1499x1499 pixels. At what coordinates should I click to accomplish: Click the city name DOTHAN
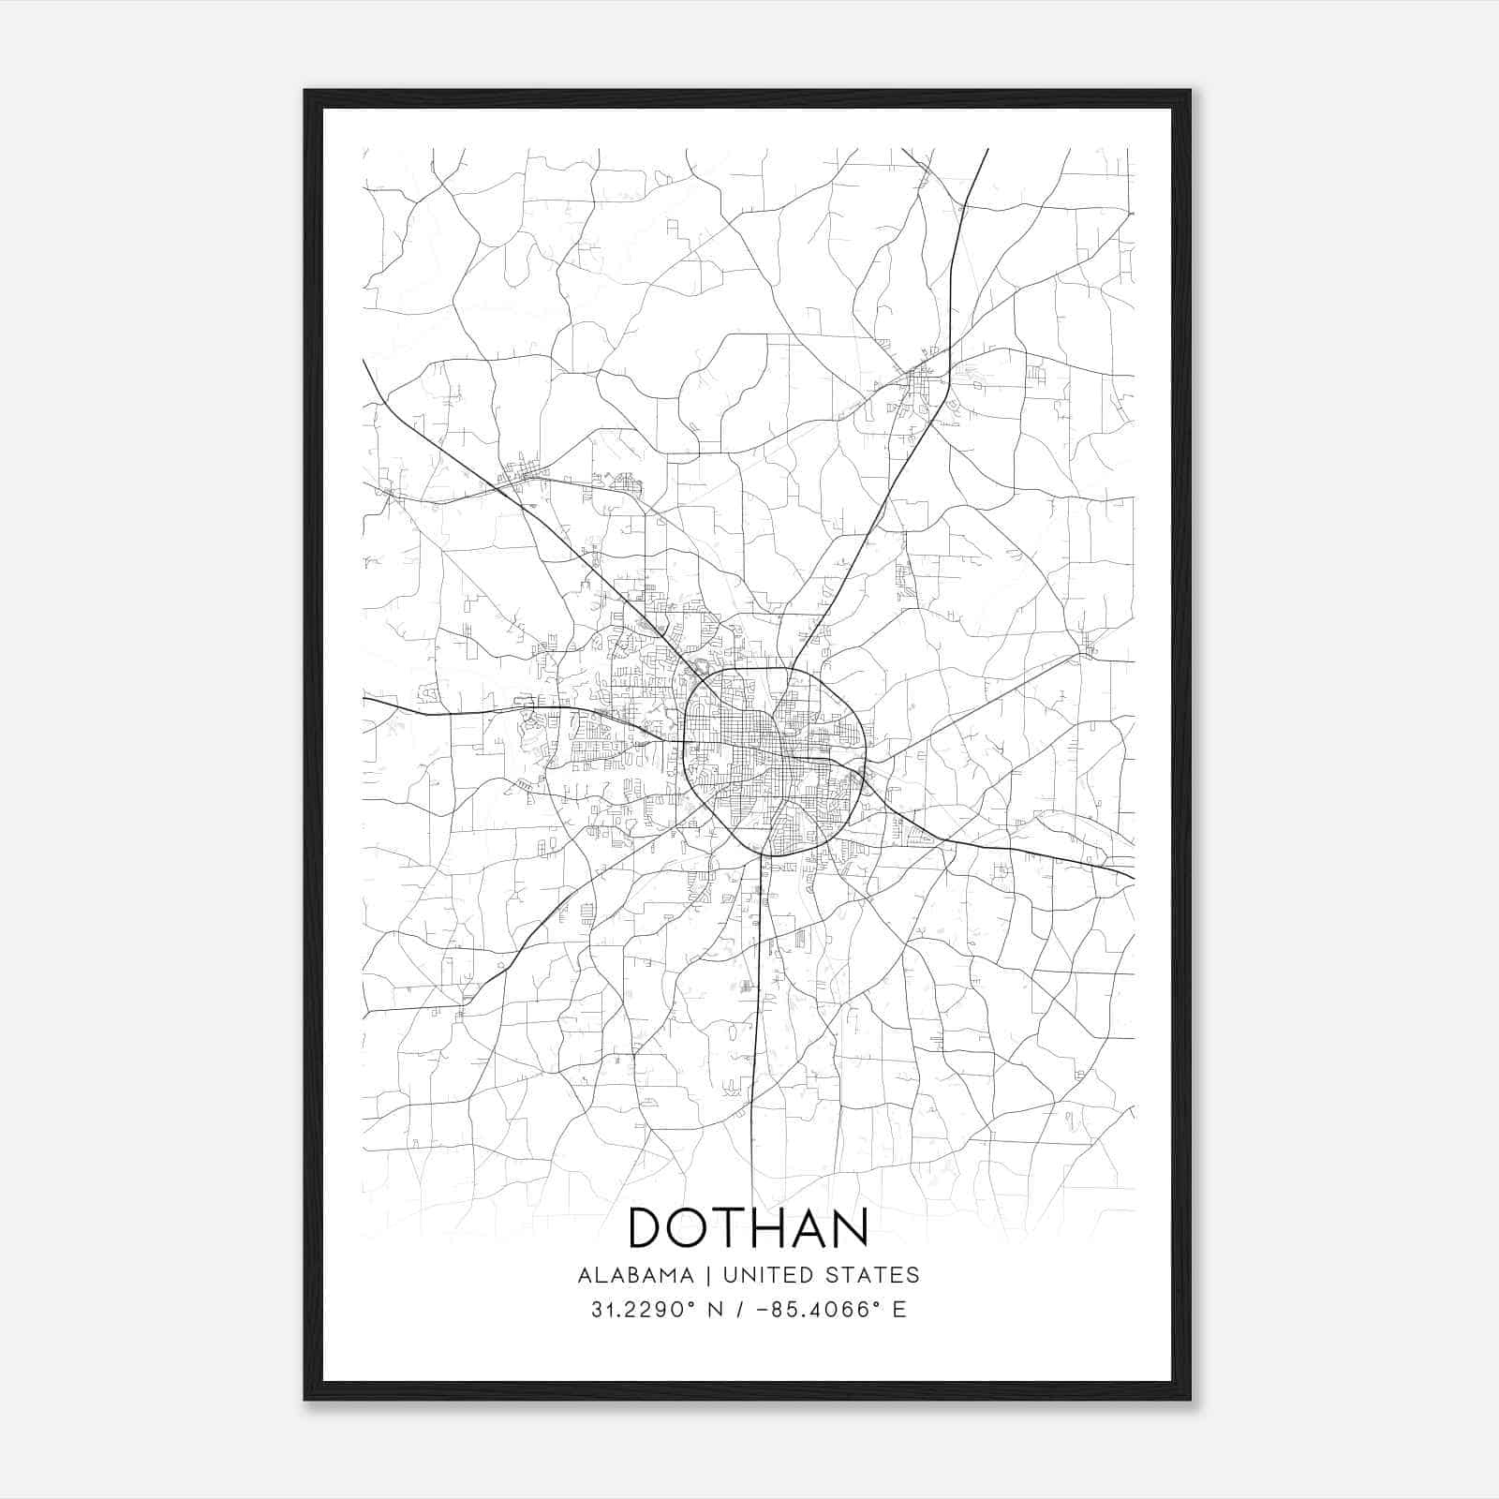(748, 1227)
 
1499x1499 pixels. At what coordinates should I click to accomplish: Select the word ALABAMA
(636, 1275)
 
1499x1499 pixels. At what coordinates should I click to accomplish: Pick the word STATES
(871, 1275)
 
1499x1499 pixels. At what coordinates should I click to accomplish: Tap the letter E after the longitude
(899, 1310)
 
